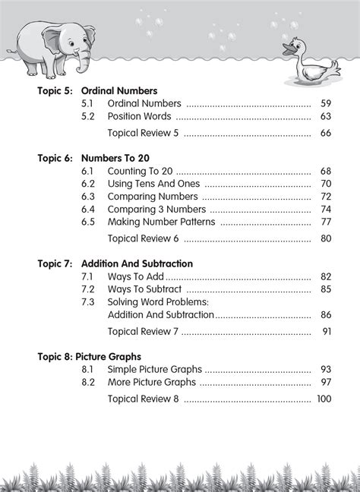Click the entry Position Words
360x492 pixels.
coord(140,117)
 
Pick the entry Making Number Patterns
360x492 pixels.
coord(162,222)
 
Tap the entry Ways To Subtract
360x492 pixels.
coord(144,289)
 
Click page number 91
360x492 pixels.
coord(327,332)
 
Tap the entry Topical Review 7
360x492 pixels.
coord(144,332)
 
